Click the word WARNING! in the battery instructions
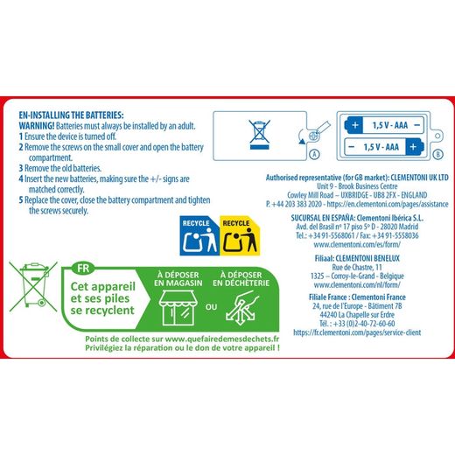tap(37, 126)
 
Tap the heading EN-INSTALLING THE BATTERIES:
tap(71, 115)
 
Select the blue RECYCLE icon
tap(199, 235)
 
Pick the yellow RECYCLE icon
tap(240, 235)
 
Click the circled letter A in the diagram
tap(314, 154)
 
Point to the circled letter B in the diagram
tap(437, 154)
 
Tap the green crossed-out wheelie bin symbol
tap(33, 286)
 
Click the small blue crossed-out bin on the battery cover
tap(259, 135)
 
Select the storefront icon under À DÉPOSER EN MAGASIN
tap(178, 308)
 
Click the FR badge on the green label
tap(83, 268)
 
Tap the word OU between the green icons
tap(211, 307)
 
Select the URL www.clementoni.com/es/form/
tap(357, 244)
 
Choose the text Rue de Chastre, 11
tap(357, 267)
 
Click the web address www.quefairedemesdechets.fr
tap(222, 339)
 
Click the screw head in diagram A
tap(313, 136)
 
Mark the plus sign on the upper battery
tap(355, 125)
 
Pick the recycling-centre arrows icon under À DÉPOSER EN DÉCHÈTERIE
tap(241, 309)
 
